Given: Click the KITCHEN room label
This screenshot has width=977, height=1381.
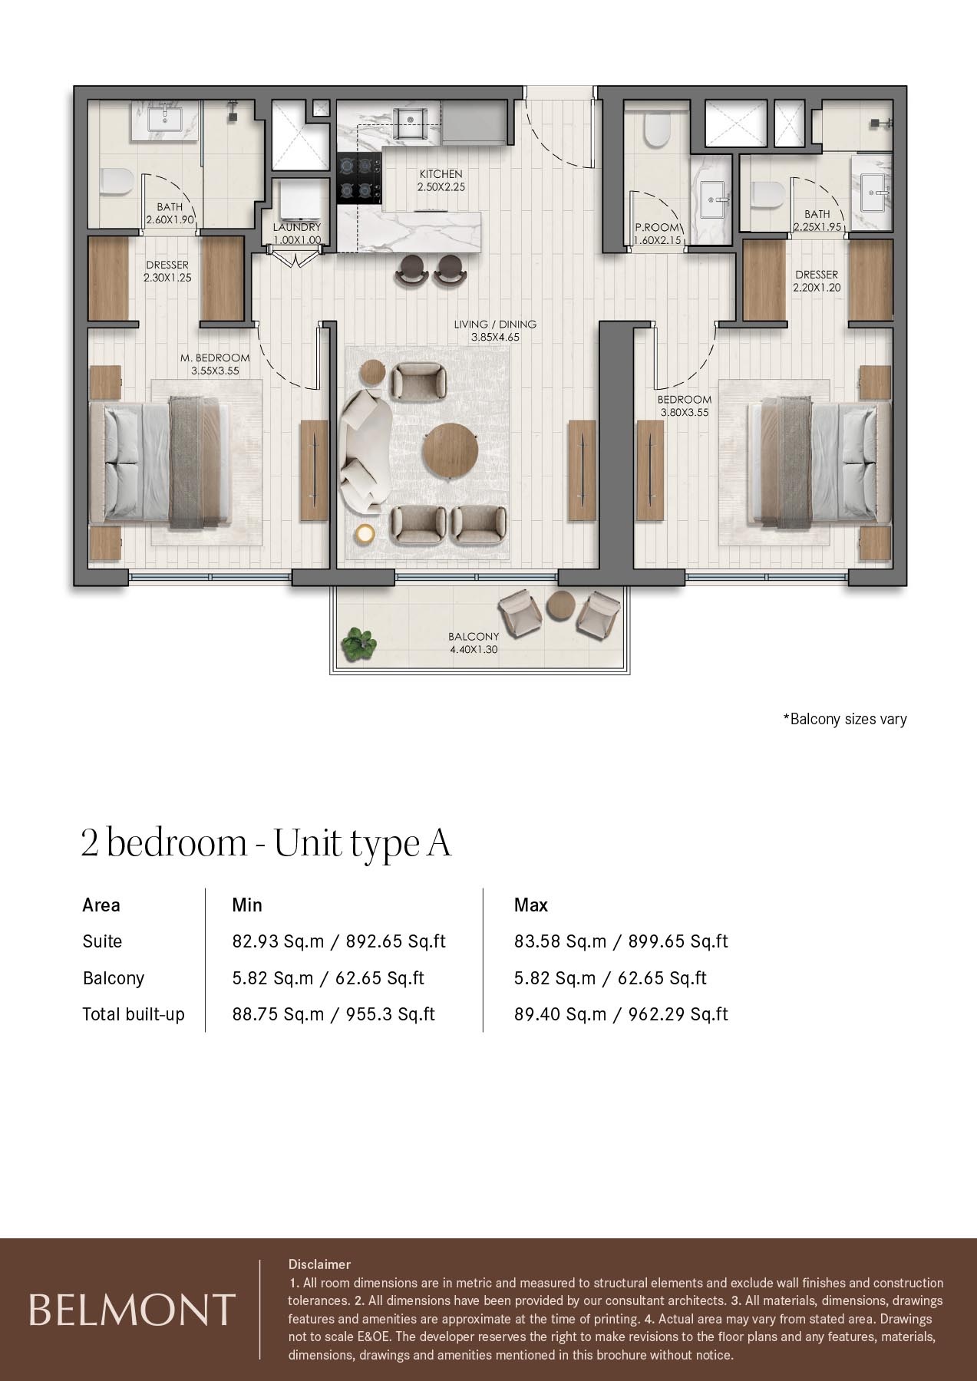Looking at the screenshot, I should (441, 174).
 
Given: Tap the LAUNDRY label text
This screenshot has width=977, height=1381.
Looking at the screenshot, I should (297, 228).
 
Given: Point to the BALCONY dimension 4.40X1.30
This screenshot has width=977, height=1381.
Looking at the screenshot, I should (474, 649).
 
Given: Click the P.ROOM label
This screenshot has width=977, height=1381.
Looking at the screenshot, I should (657, 228).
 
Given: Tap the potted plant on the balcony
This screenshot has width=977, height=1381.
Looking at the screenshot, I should (359, 643).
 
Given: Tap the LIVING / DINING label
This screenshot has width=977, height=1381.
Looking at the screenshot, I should (495, 324).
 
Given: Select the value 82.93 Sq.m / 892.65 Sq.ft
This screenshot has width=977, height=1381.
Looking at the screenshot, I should (338, 941).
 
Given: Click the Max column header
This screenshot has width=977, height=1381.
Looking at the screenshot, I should (530, 905).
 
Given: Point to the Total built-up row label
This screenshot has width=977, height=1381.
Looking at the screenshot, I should (134, 1014).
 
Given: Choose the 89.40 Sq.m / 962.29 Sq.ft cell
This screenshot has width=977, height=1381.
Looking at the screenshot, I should (620, 1014).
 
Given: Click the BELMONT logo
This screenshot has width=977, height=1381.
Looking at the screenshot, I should (131, 1310).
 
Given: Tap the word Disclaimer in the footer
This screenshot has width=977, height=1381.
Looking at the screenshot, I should (319, 1264).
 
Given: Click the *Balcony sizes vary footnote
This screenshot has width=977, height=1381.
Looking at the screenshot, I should (844, 719).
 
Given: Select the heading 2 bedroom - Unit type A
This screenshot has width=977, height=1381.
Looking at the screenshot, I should (266, 843).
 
